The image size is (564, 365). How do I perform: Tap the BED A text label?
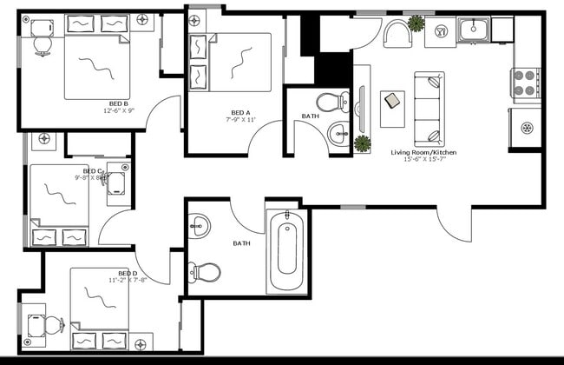(x=240, y=111)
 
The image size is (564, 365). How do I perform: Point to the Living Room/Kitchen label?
(x=423, y=153)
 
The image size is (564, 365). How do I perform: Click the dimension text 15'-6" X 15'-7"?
(x=423, y=161)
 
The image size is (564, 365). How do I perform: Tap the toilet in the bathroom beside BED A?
(x=330, y=102)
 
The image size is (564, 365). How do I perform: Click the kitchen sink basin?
(x=474, y=30)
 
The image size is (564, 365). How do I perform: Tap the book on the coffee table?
(x=392, y=101)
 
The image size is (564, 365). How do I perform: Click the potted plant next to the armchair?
(x=416, y=23)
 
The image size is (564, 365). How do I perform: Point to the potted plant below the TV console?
(x=362, y=143)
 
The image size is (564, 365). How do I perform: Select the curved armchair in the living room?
(x=396, y=35)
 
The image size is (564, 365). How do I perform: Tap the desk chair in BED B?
(x=42, y=46)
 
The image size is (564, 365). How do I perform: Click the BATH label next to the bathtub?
(x=242, y=243)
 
